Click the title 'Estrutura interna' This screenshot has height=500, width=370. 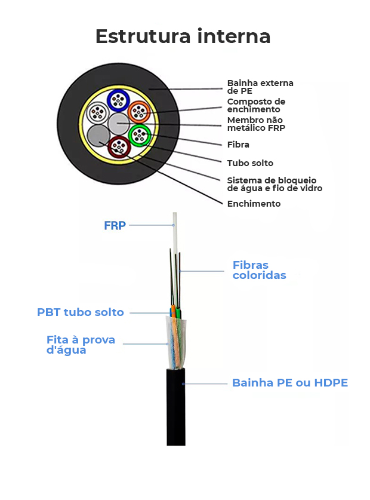[183, 36]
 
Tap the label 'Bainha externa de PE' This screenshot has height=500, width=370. [260, 87]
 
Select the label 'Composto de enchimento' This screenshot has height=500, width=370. [256, 105]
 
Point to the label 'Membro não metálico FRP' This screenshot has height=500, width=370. [256, 124]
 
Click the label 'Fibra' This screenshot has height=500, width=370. [238, 145]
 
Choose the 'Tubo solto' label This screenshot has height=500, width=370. [250, 162]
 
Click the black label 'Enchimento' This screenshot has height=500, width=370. [254, 204]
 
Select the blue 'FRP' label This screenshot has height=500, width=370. [115, 226]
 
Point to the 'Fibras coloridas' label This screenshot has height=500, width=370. [259, 270]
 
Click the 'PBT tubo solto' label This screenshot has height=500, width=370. [81, 312]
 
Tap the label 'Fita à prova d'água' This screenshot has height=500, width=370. [81, 345]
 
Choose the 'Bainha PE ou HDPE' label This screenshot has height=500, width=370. [289, 383]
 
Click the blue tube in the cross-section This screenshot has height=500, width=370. [118, 100]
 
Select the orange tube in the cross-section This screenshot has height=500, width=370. [139, 111]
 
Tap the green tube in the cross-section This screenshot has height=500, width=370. [140, 135]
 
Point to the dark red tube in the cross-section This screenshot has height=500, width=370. [118, 146]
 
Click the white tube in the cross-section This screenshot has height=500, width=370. [97, 112]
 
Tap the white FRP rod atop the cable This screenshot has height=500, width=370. [175, 233]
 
